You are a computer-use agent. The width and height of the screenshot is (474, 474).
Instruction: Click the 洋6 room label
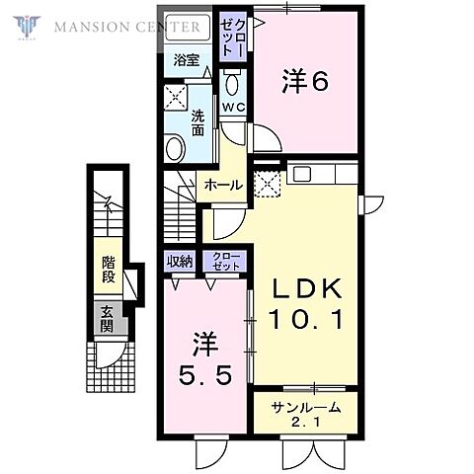point(305,81)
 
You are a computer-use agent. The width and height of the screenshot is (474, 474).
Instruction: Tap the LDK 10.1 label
point(306,303)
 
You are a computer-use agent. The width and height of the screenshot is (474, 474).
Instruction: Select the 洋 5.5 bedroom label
point(205,359)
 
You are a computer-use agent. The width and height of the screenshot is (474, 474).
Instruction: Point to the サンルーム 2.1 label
point(306,414)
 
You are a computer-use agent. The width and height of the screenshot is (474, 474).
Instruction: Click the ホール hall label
point(224,186)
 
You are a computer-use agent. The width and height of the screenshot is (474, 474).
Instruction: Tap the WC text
point(233,107)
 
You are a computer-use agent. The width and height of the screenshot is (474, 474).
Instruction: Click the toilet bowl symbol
point(232,84)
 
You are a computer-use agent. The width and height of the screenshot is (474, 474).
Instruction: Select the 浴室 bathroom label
point(187,60)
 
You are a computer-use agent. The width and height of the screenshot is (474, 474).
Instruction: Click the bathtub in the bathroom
point(188,28)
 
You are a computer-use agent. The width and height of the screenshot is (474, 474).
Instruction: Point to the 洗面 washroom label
point(197,123)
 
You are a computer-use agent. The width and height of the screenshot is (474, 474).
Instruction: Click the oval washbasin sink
point(175,148)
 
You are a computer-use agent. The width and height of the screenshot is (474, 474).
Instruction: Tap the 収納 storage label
point(180,262)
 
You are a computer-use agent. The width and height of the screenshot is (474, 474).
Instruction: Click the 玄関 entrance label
point(108,318)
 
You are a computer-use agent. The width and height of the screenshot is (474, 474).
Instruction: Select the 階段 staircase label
point(109,270)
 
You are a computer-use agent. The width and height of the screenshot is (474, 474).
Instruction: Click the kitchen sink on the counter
point(302,174)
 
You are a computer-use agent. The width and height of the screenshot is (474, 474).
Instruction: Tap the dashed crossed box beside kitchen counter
point(268,185)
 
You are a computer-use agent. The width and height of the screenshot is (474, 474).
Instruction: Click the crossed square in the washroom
point(176,98)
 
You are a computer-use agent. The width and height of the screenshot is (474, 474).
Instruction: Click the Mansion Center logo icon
point(27,27)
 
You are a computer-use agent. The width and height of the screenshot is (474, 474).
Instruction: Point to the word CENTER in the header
point(168,27)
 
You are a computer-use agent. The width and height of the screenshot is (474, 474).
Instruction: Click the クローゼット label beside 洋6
point(233,36)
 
